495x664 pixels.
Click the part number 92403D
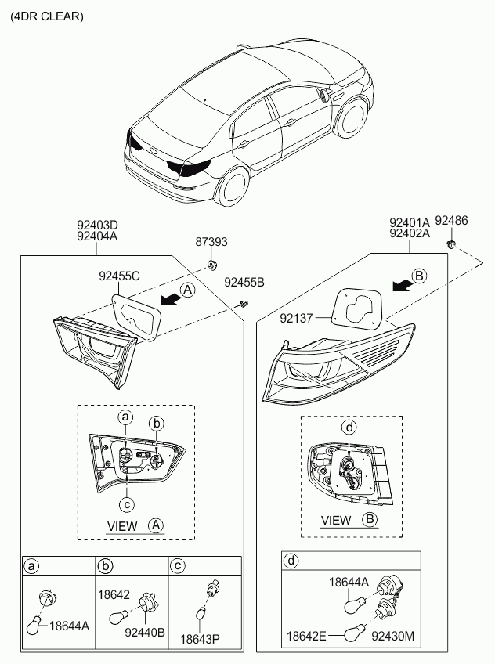click(x=97, y=224)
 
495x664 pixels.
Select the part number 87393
click(x=211, y=242)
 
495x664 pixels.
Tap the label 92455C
click(x=119, y=276)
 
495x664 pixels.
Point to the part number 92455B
click(x=244, y=282)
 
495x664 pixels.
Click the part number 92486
click(x=451, y=221)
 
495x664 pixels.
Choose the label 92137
click(x=296, y=318)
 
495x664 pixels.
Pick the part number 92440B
click(x=145, y=632)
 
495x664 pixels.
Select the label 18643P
click(x=201, y=639)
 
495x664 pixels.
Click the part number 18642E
click(x=306, y=636)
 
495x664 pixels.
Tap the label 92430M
click(x=393, y=636)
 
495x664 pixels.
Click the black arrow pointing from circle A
click(x=171, y=299)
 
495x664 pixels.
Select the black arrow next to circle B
click(x=403, y=286)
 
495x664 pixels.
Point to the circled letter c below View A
click(x=127, y=504)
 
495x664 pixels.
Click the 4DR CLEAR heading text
click(x=47, y=16)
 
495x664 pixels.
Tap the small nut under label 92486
click(x=452, y=244)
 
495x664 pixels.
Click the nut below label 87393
click(x=211, y=265)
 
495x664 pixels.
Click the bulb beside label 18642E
click(x=352, y=634)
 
